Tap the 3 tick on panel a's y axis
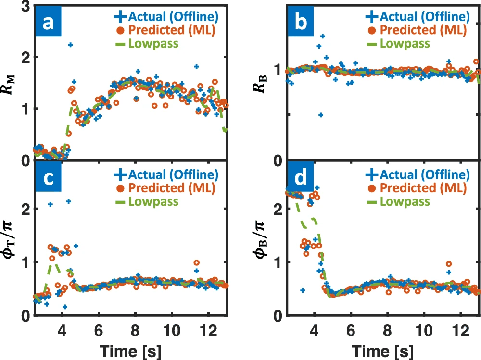[x=25, y=6]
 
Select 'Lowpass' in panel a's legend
[x=151, y=43]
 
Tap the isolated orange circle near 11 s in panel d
[x=448, y=264]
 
